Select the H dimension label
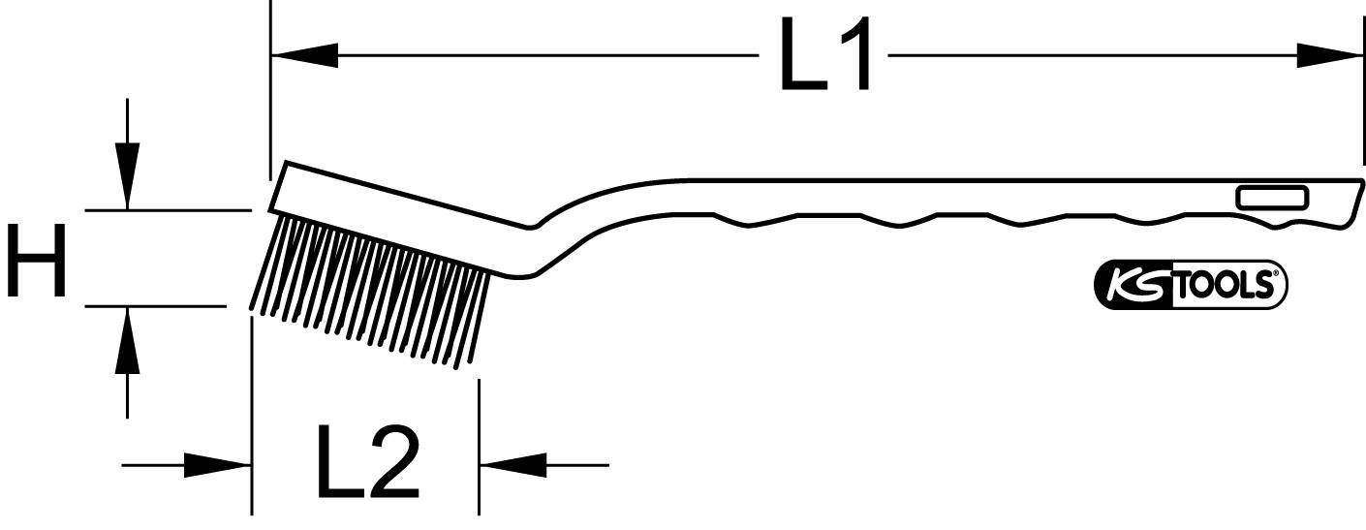point(37,259)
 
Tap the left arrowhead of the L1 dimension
point(304,56)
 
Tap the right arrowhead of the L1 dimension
point(1330,56)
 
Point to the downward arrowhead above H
point(127,175)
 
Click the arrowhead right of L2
point(512,465)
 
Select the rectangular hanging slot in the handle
point(1272,198)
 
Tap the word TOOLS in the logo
point(1227,286)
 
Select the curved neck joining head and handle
point(562,233)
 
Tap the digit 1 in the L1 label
point(857,55)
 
